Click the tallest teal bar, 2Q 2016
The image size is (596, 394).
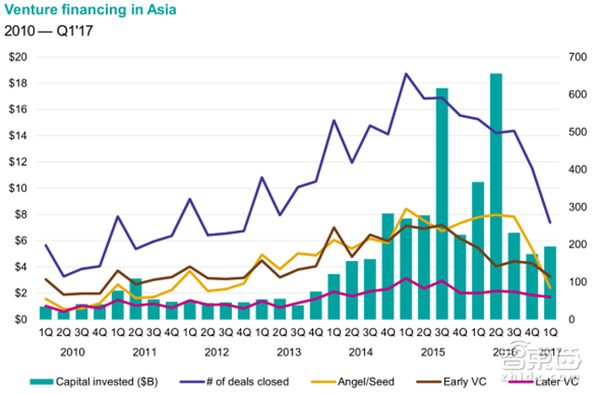click(496, 196)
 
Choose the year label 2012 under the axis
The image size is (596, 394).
click(216, 352)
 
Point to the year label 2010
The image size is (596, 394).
click(73, 352)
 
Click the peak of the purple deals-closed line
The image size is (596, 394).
click(406, 74)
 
